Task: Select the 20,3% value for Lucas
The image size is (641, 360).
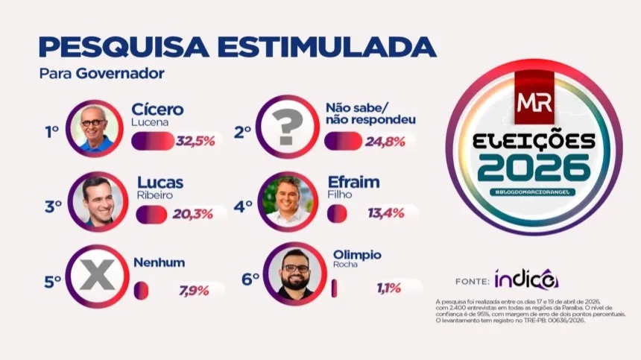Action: click(192, 214)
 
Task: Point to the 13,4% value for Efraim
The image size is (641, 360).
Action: click(386, 214)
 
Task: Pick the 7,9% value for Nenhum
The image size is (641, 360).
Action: click(194, 290)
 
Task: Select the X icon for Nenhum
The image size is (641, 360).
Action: click(97, 277)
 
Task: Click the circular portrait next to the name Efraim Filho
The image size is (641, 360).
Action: click(288, 202)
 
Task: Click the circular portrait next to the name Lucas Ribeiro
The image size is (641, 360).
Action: click(97, 202)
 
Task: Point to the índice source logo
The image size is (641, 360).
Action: click(525, 280)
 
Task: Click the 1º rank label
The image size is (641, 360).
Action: click(51, 133)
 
